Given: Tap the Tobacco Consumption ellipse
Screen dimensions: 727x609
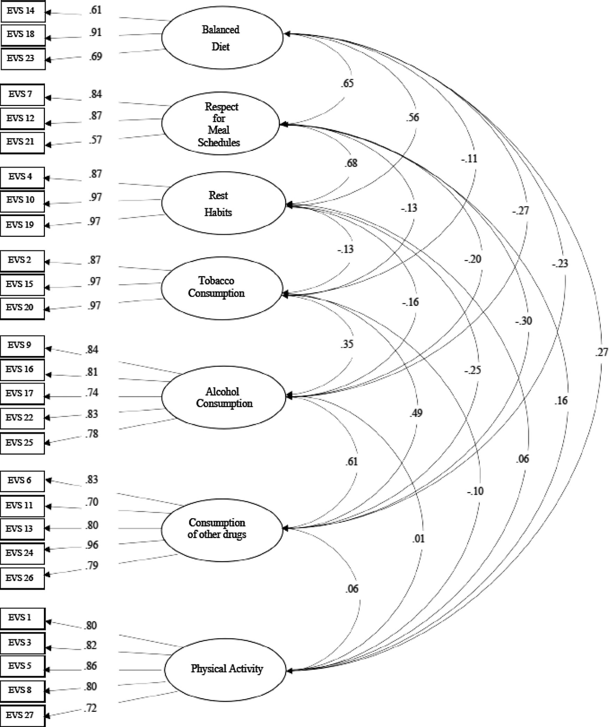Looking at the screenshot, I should tap(222, 288).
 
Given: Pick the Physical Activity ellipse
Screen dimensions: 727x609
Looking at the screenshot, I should tap(225, 670).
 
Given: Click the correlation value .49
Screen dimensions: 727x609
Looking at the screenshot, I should tap(416, 413).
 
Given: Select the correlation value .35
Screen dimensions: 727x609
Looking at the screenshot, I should tap(347, 344).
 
